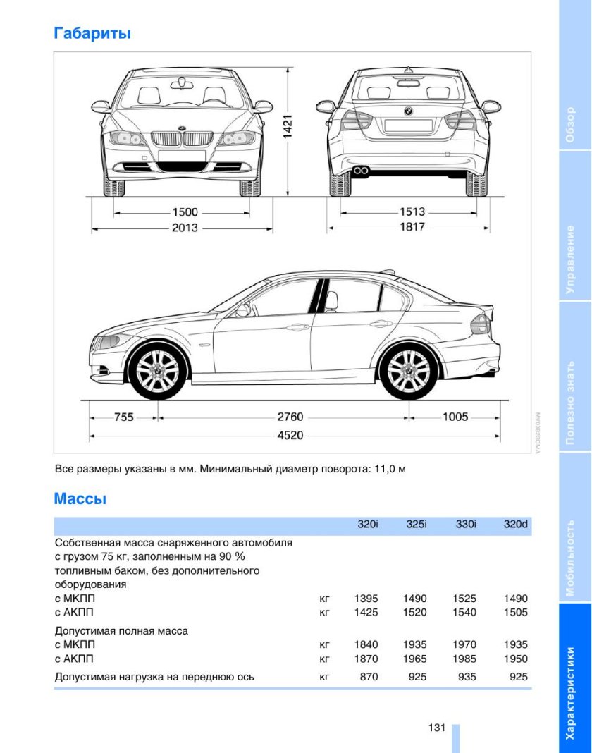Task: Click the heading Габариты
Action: pyautogui.click(x=92, y=33)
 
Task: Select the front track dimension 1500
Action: pyautogui.click(x=185, y=212)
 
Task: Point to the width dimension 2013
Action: pyautogui.click(x=185, y=227)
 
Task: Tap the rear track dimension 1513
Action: pyautogui.click(x=412, y=212)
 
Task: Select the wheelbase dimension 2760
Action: pyautogui.click(x=290, y=417)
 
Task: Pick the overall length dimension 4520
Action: pyautogui.click(x=290, y=435)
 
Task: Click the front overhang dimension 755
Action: pyautogui.click(x=124, y=417)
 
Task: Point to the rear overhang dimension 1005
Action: pyautogui.click(x=455, y=417)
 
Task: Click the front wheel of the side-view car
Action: pyautogui.click(x=157, y=371)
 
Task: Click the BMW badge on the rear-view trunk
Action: pyautogui.click(x=407, y=111)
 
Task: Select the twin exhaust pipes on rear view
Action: pyautogui.click(x=363, y=170)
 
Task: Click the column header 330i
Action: pyautogui.click(x=466, y=525)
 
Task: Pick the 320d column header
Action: pyautogui.click(x=516, y=525)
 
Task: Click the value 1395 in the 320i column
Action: pyautogui.click(x=366, y=599)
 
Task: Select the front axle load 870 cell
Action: pyautogui.click(x=368, y=677)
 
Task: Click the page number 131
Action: pyautogui.click(x=436, y=728)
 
